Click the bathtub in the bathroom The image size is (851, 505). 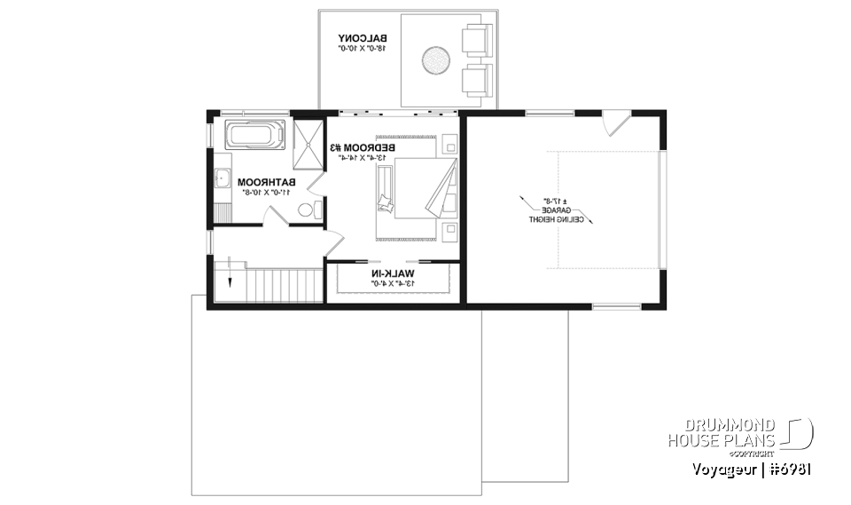[x=253, y=136]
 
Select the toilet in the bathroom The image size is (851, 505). [x=305, y=210]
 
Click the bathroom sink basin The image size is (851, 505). [x=221, y=180]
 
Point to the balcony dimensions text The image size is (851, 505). [x=362, y=51]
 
